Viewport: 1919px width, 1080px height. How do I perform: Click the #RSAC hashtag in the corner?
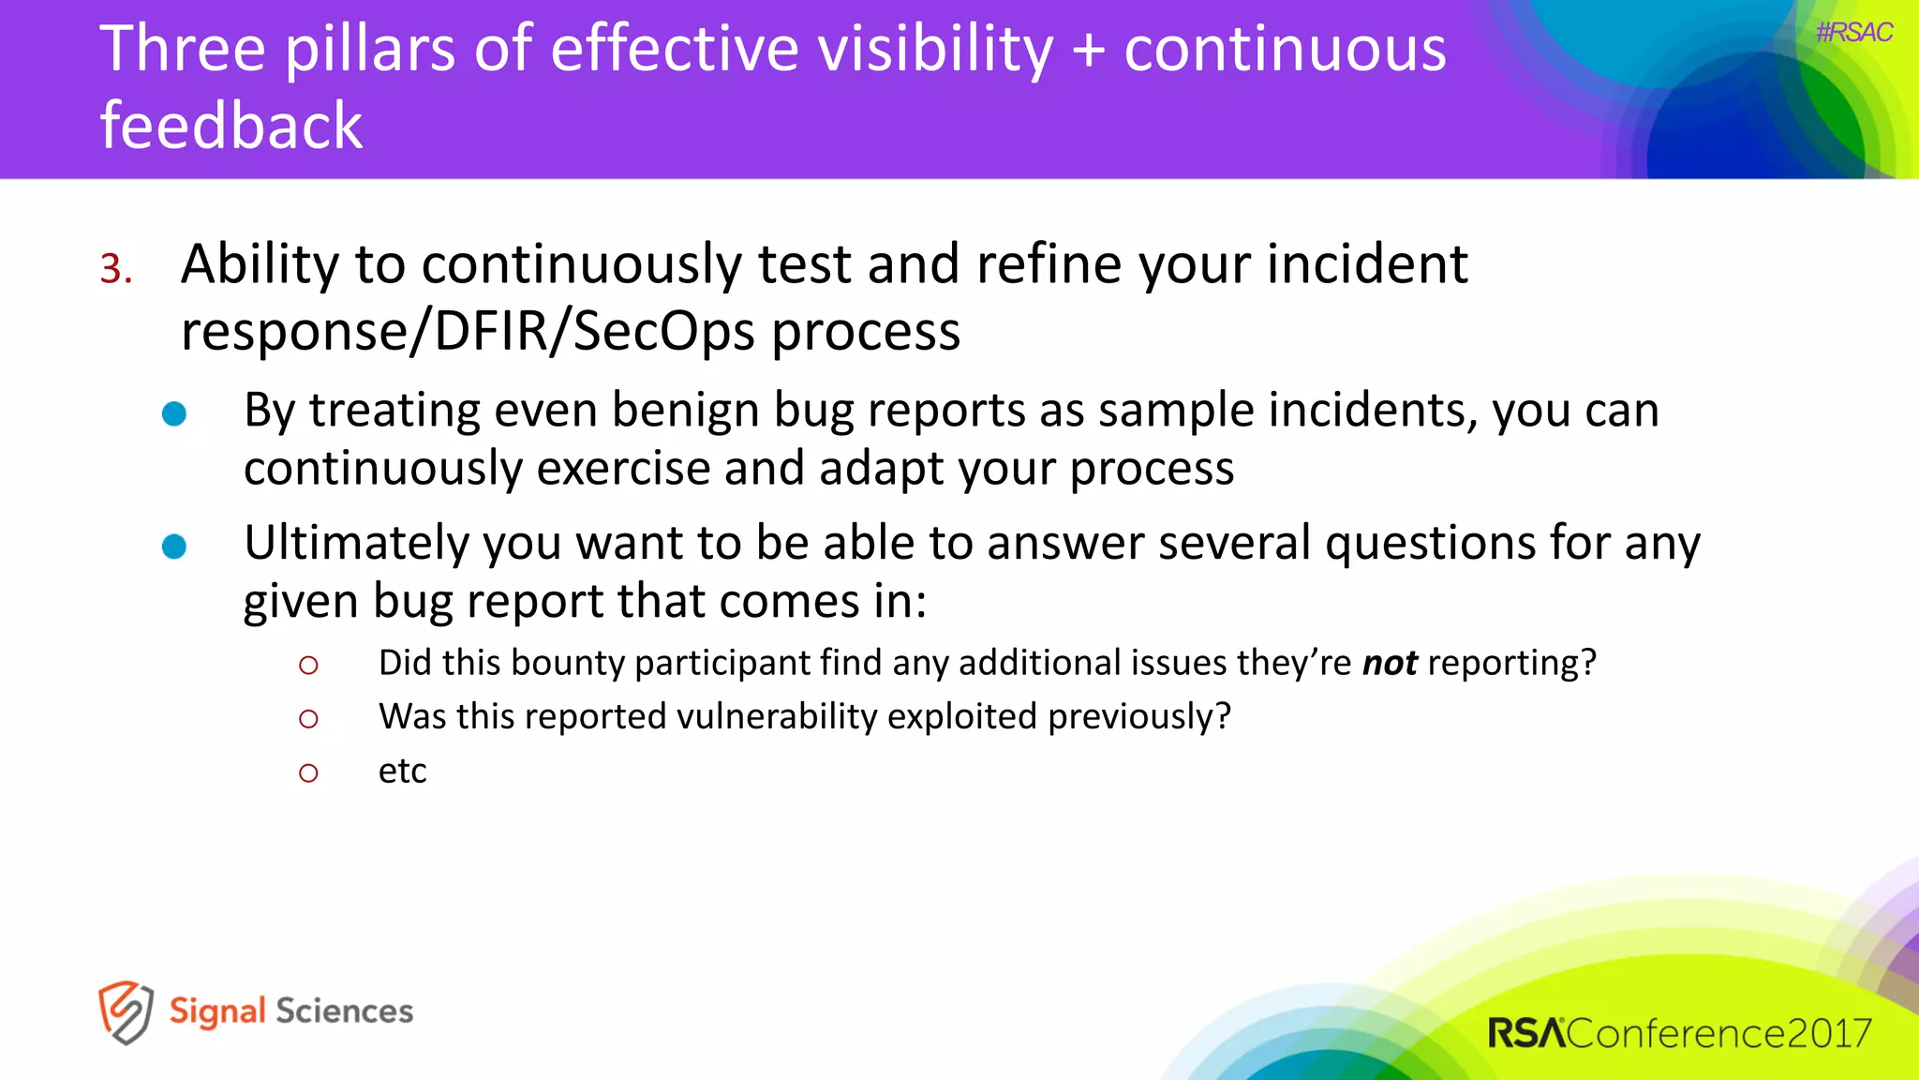tap(1853, 33)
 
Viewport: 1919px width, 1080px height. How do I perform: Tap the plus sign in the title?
tap(1088, 49)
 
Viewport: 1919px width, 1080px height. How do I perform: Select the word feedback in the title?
tap(231, 126)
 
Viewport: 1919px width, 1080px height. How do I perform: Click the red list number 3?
tap(114, 269)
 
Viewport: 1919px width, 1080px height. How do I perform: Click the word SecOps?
tap(663, 331)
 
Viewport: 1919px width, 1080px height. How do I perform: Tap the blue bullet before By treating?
tap(174, 413)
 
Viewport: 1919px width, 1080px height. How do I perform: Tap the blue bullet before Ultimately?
tap(174, 547)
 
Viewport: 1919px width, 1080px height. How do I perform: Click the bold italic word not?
tap(1389, 663)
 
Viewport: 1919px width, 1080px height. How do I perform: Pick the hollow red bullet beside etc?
tap(308, 773)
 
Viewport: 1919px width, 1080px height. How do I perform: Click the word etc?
tap(402, 772)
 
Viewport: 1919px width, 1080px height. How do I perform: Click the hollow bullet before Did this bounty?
tap(308, 666)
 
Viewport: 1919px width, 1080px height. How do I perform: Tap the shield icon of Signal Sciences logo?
tap(126, 1012)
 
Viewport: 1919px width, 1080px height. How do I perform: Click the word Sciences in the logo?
tap(344, 1011)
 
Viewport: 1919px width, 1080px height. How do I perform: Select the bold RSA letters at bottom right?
tap(1525, 1033)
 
